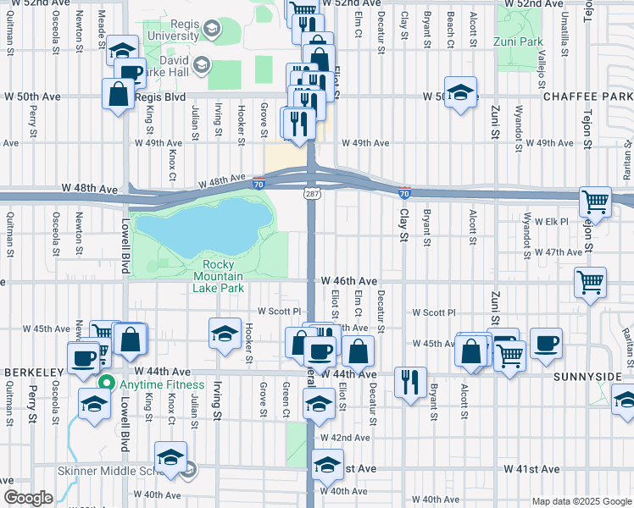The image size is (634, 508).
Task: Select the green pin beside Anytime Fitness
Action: click(106, 382)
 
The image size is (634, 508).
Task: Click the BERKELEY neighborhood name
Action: click(34, 373)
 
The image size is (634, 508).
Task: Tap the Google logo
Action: click(27, 499)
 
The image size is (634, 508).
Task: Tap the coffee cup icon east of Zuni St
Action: click(546, 343)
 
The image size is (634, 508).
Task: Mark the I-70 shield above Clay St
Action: click(404, 194)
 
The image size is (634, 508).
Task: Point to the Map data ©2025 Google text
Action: click(581, 501)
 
